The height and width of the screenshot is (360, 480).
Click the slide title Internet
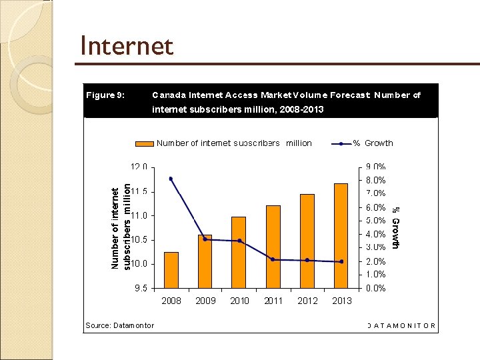tap(126, 47)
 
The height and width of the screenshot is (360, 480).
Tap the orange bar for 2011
tap(273, 247)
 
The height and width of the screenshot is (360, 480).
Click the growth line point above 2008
tap(171, 179)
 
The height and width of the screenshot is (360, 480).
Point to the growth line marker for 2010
tap(239, 241)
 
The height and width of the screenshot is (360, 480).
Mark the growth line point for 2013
tap(341, 262)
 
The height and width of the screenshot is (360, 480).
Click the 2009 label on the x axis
tap(205, 301)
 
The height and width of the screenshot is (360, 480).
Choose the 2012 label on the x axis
tap(307, 301)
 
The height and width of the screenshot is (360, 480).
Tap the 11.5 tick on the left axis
tap(139, 191)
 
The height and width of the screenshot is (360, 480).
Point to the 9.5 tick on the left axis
tap(140, 289)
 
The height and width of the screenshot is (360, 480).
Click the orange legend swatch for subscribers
tap(144, 143)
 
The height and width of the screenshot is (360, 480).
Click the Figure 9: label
tap(105, 95)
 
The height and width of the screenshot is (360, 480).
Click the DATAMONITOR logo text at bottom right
tap(401, 326)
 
